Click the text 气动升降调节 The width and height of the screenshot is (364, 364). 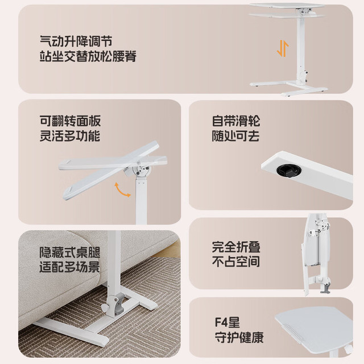(76, 42)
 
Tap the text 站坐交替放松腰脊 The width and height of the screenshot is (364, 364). (88, 56)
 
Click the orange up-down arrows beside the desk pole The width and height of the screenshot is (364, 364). (283, 48)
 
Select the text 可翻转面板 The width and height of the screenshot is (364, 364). (70, 121)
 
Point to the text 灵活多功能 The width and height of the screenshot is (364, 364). (70, 136)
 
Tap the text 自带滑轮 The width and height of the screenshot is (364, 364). (236, 121)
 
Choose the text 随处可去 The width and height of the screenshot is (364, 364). (236, 136)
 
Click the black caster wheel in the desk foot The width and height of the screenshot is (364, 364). (289, 170)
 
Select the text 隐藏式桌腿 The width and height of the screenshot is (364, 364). (69, 253)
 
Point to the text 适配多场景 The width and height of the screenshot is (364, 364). (69, 267)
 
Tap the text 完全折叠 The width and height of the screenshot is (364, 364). (236, 247)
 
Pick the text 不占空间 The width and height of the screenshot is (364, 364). (236, 262)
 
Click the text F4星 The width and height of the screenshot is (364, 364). (227, 322)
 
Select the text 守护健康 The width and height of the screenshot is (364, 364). (239, 337)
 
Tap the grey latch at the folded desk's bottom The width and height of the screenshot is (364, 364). (325, 288)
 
